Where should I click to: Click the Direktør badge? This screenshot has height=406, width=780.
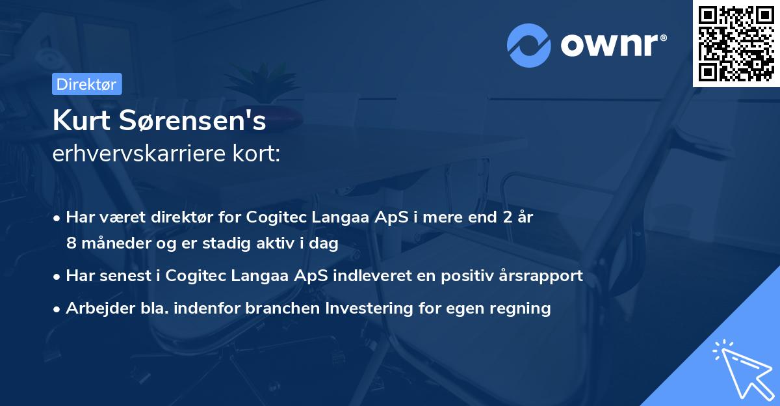86,84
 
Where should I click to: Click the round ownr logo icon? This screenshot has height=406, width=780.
529,45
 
